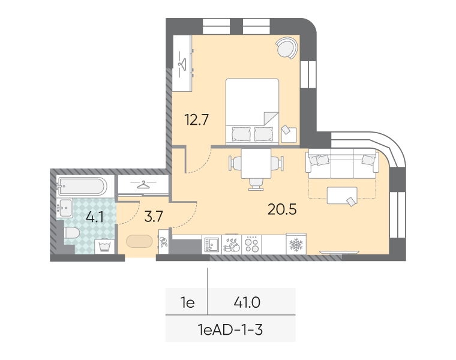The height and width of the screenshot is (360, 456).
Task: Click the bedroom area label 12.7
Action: point(197,120)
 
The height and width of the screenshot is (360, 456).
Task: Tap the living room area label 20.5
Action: point(282,209)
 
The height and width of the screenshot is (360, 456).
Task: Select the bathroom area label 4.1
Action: point(95,217)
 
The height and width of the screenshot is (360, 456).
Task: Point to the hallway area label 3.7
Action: point(154,217)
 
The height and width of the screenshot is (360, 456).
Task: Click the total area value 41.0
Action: point(247,303)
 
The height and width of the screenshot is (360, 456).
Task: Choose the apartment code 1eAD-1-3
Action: point(230,330)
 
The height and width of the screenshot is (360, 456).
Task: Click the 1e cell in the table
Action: point(188,303)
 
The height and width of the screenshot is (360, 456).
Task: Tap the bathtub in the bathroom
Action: point(82,186)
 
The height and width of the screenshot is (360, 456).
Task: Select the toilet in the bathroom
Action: point(72,233)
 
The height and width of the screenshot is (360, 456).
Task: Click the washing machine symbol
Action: point(104,247)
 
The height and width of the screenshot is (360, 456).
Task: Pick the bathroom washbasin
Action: point(64,208)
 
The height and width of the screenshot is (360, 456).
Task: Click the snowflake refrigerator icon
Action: point(296,244)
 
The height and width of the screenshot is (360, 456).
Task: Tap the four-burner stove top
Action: point(251,245)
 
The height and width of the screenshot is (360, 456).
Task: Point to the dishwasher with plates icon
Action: point(232,245)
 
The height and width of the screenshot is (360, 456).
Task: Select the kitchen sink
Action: point(212,245)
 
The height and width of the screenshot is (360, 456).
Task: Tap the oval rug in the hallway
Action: point(139,241)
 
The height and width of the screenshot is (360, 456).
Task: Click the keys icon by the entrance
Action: point(163,242)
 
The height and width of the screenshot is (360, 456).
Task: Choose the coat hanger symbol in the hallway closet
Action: point(143,185)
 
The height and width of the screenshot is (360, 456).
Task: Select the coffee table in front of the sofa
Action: point(342,196)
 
